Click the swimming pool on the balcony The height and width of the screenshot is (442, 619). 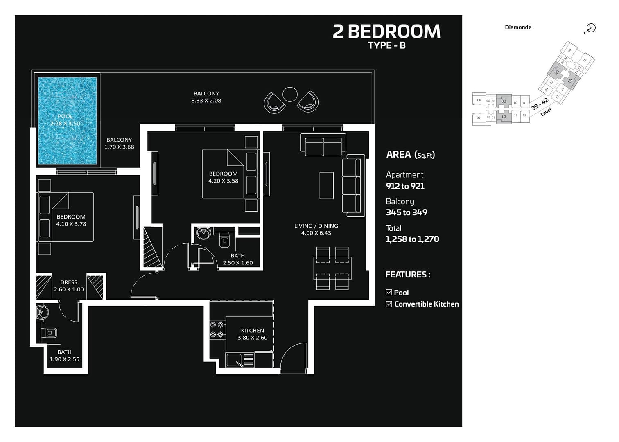pyautogui.click(x=68, y=121)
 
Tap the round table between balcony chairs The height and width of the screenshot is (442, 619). pyautogui.click(x=290, y=95)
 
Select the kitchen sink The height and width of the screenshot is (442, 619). pyautogui.click(x=235, y=360)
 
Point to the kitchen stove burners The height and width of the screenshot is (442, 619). pyautogui.click(x=217, y=330)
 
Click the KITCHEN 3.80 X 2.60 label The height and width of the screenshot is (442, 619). pyautogui.click(x=252, y=334)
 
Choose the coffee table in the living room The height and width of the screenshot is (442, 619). pyautogui.click(x=326, y=185)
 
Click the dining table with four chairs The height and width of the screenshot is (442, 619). pyautogui.click(x=332, y=268)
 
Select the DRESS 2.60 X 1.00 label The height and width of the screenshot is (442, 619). pyautogui.click(x=69, y=286)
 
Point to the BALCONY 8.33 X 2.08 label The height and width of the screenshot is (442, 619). pyautogui.click(x=206, y=97)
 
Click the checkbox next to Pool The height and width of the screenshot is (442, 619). pyautogui.click(x=389, y=292)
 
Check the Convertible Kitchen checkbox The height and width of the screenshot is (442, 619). pyautogui.click(x=389, y=304)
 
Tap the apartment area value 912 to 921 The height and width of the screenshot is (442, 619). pyautogui.click(x=405, y=186)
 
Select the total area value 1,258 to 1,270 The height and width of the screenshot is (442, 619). pyautogui.click(x=412, y=239)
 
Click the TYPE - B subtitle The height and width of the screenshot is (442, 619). pyautogui.click(x=386, y=45)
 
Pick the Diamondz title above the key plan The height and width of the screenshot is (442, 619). pyautogui.click(x=518, y=27)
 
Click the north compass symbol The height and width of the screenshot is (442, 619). pyautogui.click(x=590, y=28)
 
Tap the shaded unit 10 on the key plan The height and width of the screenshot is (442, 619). pyautogui.click(x=504, y=117)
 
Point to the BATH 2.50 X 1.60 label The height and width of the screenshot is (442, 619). pyautogui.click(x=237, y=259)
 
